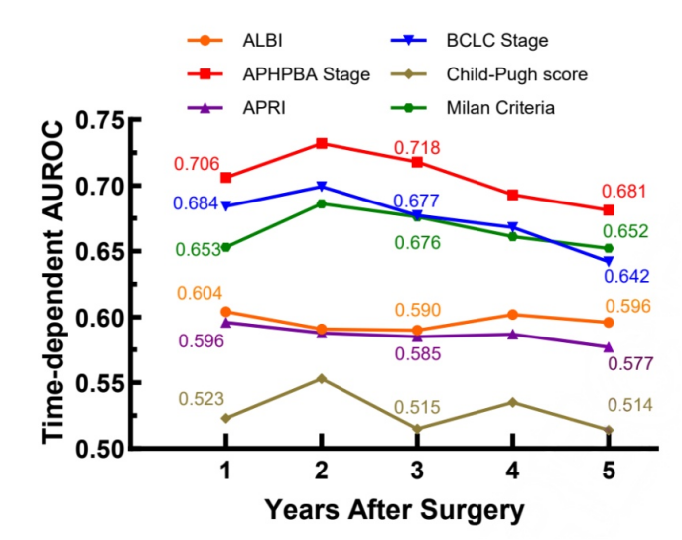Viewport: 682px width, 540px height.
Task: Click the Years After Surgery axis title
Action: [x=394, y=511]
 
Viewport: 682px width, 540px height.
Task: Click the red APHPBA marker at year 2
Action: [x=322, y=143]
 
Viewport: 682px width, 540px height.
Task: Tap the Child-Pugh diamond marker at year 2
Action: [x=322, y=378]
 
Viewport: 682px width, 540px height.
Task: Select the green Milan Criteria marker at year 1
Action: [x=226, y=247]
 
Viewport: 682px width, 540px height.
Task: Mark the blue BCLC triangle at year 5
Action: [x=609, y=261]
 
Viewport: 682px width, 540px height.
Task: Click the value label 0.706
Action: [x=197, y=164]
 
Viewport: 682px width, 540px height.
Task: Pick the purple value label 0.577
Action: [x=631, y=363]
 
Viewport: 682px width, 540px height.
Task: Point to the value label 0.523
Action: [x=201, y=399]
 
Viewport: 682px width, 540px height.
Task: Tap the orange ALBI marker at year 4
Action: [x=513, y=314]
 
